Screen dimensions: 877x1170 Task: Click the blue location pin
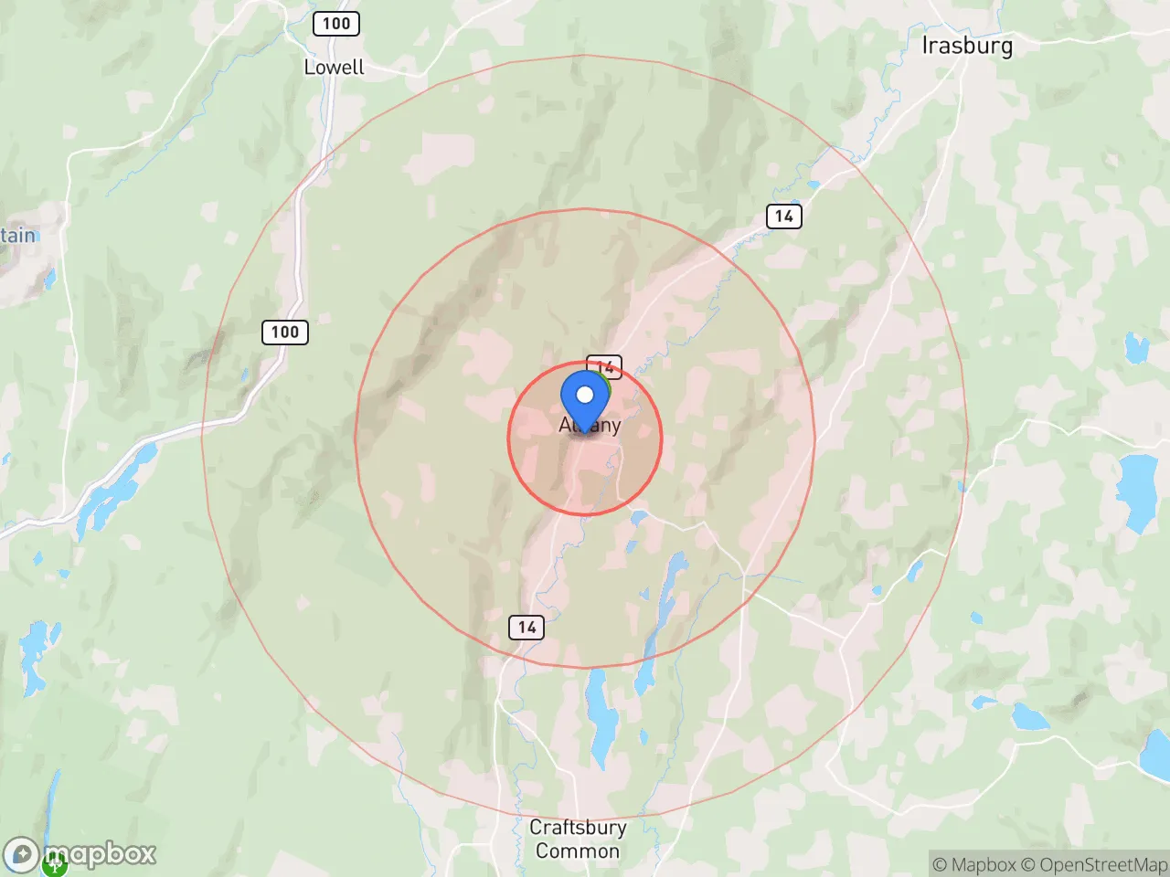(585, 402)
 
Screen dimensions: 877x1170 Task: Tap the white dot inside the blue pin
(585, 396)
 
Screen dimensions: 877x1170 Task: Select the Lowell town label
(334, 67)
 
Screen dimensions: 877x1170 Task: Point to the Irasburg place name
(967, 46)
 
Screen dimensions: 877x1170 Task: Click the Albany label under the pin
(590, 426)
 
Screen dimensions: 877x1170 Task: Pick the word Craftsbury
(578, 828)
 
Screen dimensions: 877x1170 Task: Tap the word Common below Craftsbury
(578, 851)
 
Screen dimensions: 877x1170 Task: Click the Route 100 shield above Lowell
(335, 24)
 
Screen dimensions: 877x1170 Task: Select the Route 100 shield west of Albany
(284, 333)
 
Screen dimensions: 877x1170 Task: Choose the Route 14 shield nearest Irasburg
(783, 217)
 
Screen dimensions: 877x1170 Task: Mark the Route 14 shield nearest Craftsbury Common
(526, 627)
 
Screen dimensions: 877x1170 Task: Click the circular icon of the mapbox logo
(22, 856)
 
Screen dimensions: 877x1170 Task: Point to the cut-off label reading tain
(17, 236)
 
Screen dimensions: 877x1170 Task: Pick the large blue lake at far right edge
(1137, 491)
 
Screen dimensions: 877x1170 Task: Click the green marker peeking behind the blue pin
(604, 383)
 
